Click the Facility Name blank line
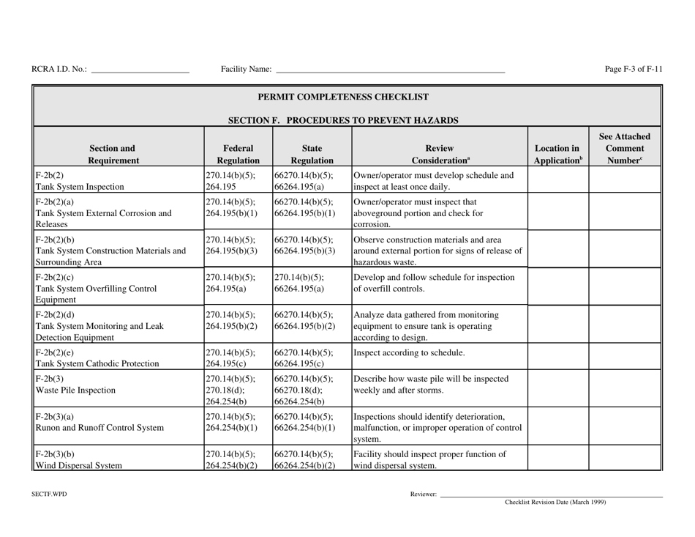click(x=389, y=70)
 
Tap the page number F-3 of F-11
click(x=634, y=70)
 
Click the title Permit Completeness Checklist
click(x=347, y=97)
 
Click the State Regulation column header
click(x=312, y=153)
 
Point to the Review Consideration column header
click(x=438, y=153)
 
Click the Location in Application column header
click(x=558, y=153)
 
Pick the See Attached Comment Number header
click(x=625, y=147)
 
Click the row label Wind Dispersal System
click(x=72, y=463)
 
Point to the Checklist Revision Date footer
click(x=555, y=503)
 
